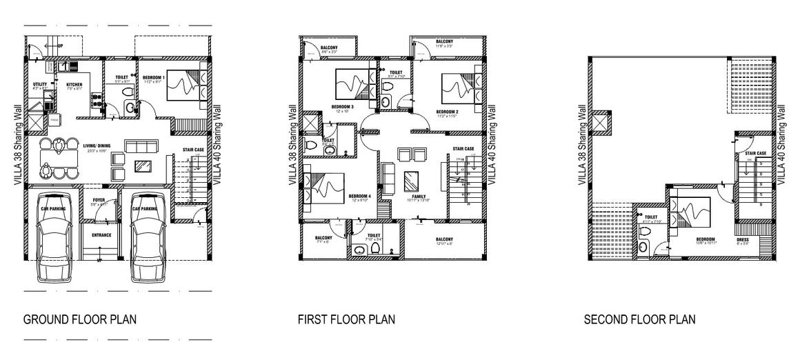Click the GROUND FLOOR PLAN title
click(79, 320)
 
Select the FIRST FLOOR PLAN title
click(346, 320)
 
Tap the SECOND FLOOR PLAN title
click(639, 320)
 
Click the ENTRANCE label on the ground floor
click(101, 235)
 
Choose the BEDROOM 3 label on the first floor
click(342, 107)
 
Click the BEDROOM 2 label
click(447, 110)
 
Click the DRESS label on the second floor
click(743, 239)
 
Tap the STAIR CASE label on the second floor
click(756, 153)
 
